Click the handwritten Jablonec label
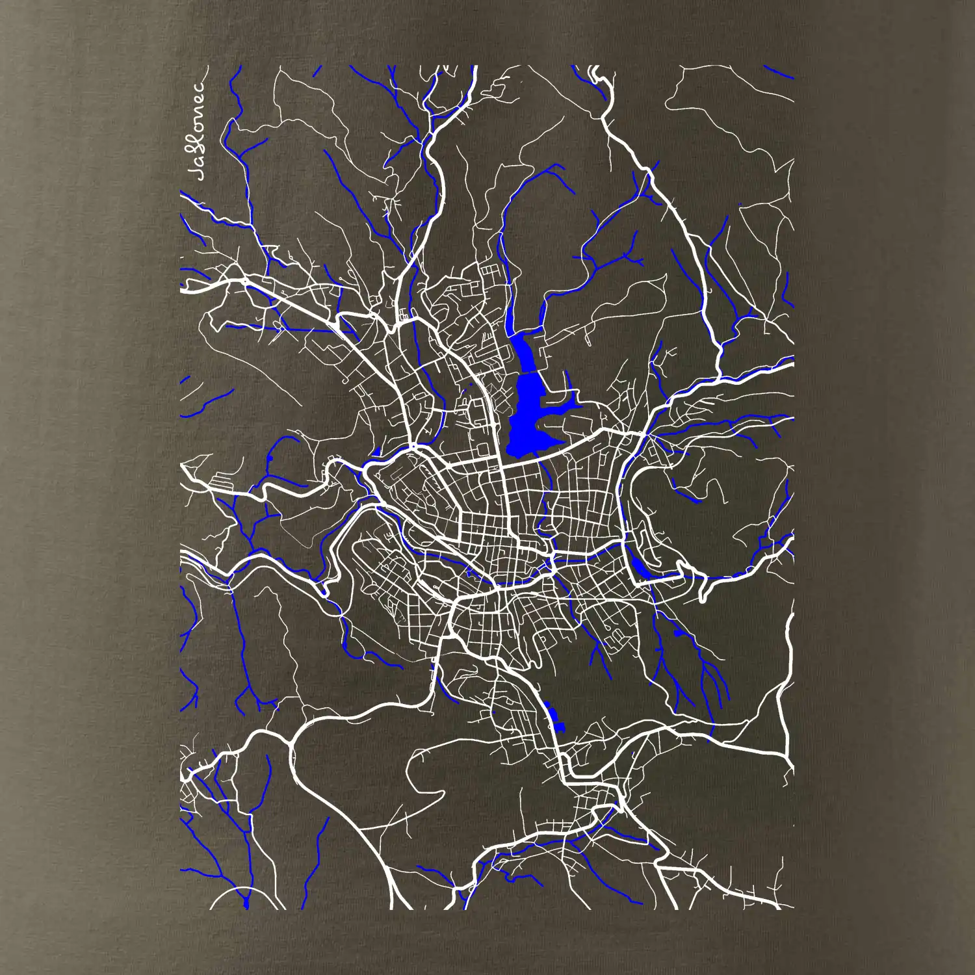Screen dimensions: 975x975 pyautogui.click(x=198, y=130)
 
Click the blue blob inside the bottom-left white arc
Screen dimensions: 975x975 pyautogui.click(x=246, y=903)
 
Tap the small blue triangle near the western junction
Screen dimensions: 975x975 pyautogui.click(x=376, y=451)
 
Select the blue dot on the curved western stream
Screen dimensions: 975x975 pyautogui.click(x=269, y=460)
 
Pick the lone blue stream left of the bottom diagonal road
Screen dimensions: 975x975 pyautogui.click(x=318, y=858)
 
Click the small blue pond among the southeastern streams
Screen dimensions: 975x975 pyautogui.click(x=679, y=632)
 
